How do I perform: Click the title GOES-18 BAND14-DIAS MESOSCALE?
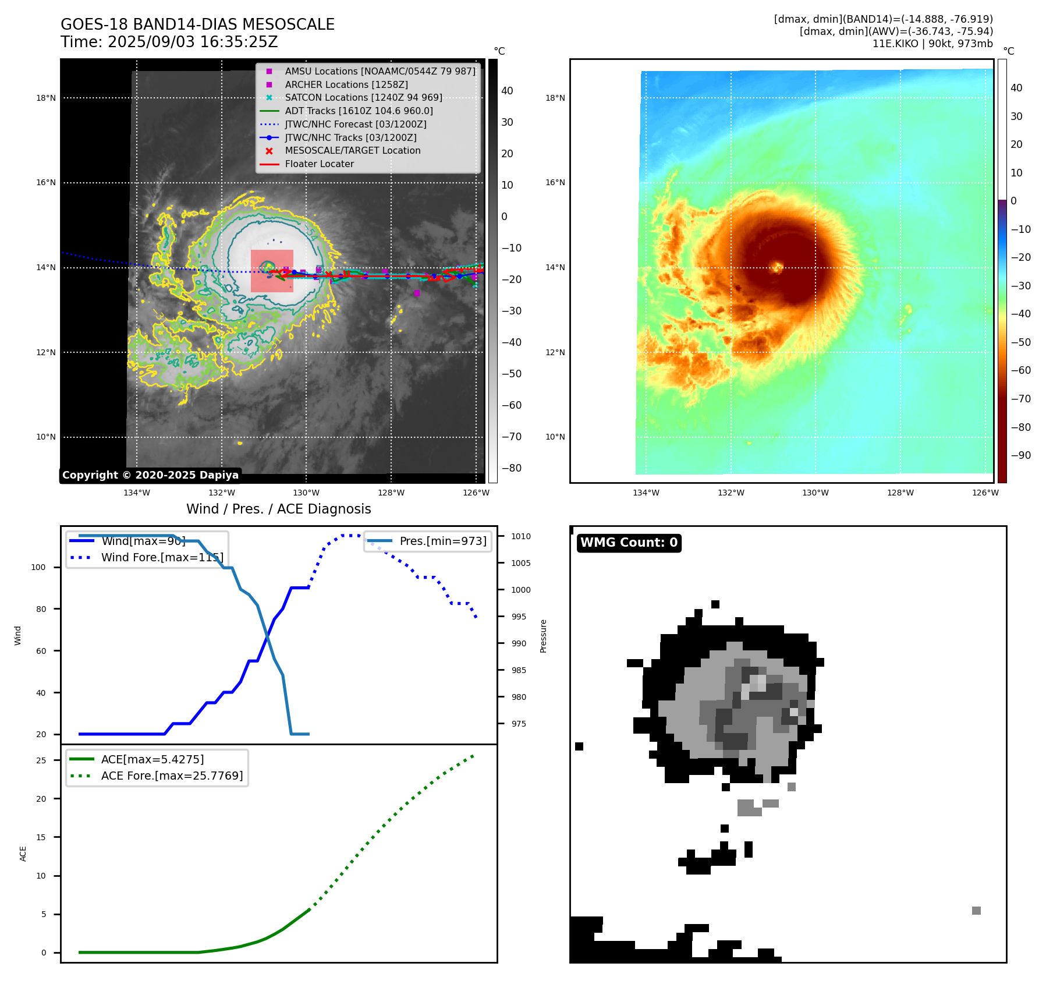(x=197, y=24)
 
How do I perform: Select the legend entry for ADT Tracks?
(x=359, y=111)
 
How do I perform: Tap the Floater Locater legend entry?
(x=319, y=164)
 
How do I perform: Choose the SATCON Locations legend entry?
(x=363, y=97)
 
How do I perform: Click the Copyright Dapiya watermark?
(x=150, y=475)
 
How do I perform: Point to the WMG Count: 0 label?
(x=629, y=543)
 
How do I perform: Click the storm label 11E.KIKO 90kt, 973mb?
(x=932, y=44)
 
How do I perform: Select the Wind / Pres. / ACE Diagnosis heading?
(x=278, y=509)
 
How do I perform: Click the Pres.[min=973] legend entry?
(x=442, y=541)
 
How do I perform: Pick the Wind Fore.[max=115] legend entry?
(x=162, y=557)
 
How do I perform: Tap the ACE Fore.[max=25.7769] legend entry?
(x=172, y=776)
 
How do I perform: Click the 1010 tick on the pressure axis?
(x=521, y=536)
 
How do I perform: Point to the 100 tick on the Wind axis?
(x=38, y=567)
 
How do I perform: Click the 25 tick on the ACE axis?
(x=41, y=760)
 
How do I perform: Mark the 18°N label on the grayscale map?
(x=46, y=98)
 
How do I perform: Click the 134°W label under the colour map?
(x=646, y=493)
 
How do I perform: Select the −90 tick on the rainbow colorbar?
(x=1020, y=455)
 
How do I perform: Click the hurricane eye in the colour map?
(x=777, y=267)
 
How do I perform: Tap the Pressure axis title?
(x=543, y=636)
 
